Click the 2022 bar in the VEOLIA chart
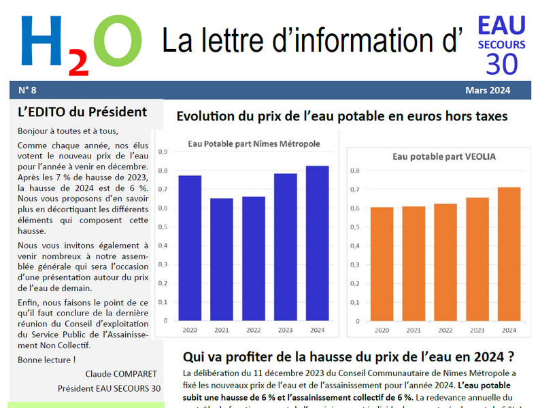(445, 262)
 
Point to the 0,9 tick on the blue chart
(163, 152)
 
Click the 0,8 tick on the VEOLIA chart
(355, 171)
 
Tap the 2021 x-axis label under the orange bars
(414, 330)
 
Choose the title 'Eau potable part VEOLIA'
(444, 156)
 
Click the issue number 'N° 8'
(28, 90)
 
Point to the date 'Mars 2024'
(488, 90)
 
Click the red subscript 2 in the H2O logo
(79, 64)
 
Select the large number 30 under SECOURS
(501, 64)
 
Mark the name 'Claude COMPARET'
(121, 374)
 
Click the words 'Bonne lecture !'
(46, 360)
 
